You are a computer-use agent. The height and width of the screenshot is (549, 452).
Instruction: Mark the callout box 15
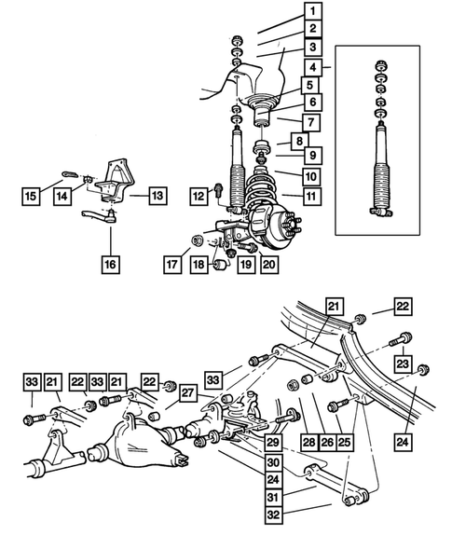(32, 196)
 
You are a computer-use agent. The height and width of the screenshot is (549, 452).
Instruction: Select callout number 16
(110, 264)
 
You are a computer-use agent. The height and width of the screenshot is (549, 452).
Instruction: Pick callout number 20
(268, 264)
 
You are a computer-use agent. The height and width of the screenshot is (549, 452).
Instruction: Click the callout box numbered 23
(403, 364)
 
